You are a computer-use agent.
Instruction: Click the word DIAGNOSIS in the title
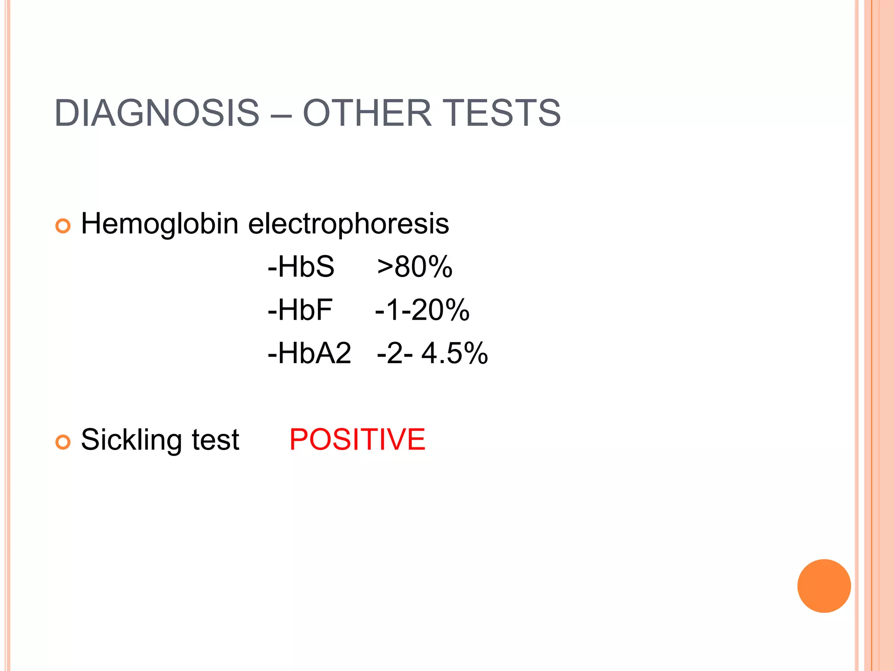point(157,113)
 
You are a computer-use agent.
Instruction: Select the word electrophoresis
point(348,224)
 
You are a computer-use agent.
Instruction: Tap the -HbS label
point(301,266)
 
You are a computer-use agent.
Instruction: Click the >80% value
point(415,266)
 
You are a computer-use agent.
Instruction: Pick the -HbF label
point(300,310)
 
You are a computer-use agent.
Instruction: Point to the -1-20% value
point(422,310)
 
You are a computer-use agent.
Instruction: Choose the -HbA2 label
point(309,353)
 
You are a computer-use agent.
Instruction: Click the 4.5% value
point(454,353)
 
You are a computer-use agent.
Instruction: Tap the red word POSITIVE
point(357,439)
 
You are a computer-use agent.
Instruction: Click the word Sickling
point(131,440)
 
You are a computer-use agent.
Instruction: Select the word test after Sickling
point(216,440)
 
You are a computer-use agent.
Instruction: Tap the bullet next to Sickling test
point(63,443)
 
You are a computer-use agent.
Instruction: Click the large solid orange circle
point(824,586)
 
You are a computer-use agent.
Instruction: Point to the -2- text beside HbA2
point(395,353)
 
